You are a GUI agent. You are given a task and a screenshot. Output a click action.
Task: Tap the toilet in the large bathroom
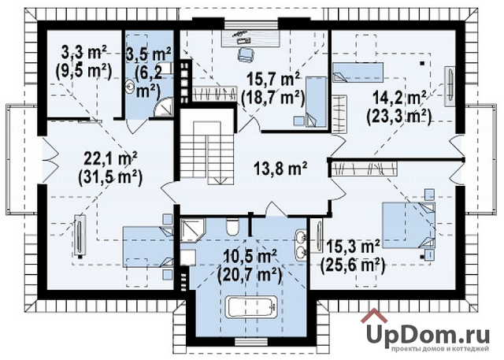pos(232,227)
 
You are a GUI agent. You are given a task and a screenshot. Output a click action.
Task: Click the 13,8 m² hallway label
pos(280,169)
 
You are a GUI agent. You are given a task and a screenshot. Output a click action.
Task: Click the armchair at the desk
pos(245,54)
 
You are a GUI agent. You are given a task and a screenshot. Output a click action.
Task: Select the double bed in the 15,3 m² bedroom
pos(409,225)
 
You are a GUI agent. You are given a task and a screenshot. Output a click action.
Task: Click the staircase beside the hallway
pos(206,152)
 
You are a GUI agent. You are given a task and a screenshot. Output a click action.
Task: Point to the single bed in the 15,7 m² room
pos(315,102)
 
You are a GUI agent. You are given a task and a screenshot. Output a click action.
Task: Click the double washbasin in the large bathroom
pos(302,245)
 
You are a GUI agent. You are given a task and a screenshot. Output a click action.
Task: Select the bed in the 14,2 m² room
pos(358,72)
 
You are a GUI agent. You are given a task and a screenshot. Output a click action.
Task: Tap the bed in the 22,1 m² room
pos(148,247)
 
